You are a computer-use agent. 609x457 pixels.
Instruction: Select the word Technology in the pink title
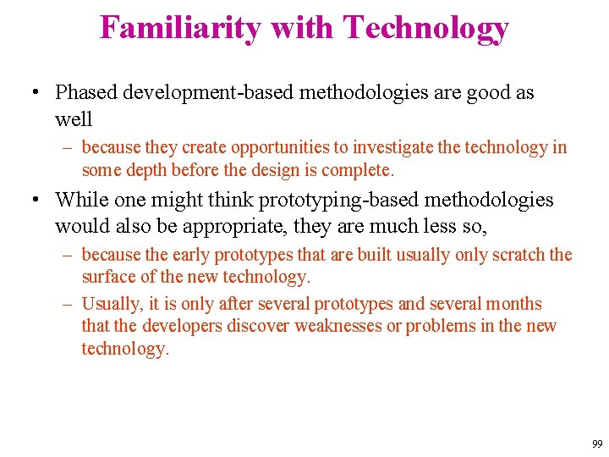point(425,27)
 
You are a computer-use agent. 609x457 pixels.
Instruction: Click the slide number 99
point(597,444)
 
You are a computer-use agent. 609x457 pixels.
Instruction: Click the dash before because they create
point(69,147)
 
